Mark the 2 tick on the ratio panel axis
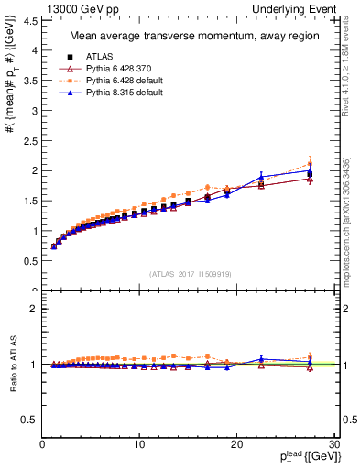click(33, 309)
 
